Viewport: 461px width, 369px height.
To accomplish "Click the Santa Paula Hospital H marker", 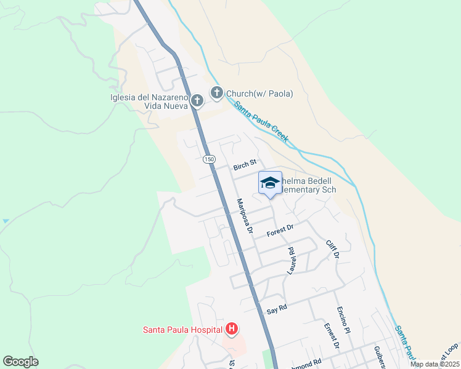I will click(x=231, y=330).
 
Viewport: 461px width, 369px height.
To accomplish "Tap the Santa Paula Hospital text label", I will click(x=182, y=330).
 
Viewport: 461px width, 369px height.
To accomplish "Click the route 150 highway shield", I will click(x=210, y=159).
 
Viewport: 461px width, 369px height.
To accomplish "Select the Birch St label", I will click(x=245, y=166).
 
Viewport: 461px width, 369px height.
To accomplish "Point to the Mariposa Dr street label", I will click(x=245, y=216).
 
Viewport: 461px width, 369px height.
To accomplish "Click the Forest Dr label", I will click(x=280, y=231).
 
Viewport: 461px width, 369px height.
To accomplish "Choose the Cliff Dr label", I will click(x=333, y=250).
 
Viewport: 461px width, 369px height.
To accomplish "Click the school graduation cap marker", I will click(x=269, y=183).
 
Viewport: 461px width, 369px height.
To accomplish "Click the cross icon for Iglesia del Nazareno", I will click(x=197, y=100).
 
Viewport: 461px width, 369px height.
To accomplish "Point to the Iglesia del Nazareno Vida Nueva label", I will click(x=149, y=101).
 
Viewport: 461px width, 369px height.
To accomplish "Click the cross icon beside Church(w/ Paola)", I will click(x=216, y=93).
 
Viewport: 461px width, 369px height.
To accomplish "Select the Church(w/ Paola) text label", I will click(x=259, y=93).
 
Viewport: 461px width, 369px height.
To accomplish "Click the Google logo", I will click(x=20, y=362).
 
